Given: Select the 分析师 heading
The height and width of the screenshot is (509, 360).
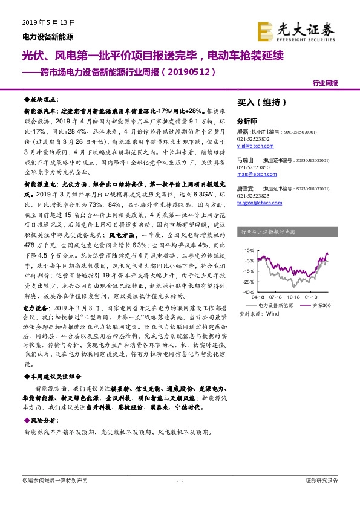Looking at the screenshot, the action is [247, 120].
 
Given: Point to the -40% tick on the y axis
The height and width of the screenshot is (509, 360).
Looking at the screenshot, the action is [249, 293].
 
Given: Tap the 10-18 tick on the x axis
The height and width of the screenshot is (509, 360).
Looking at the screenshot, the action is [295, 297].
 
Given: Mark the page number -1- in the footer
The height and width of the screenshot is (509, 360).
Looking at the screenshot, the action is [180, 480].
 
